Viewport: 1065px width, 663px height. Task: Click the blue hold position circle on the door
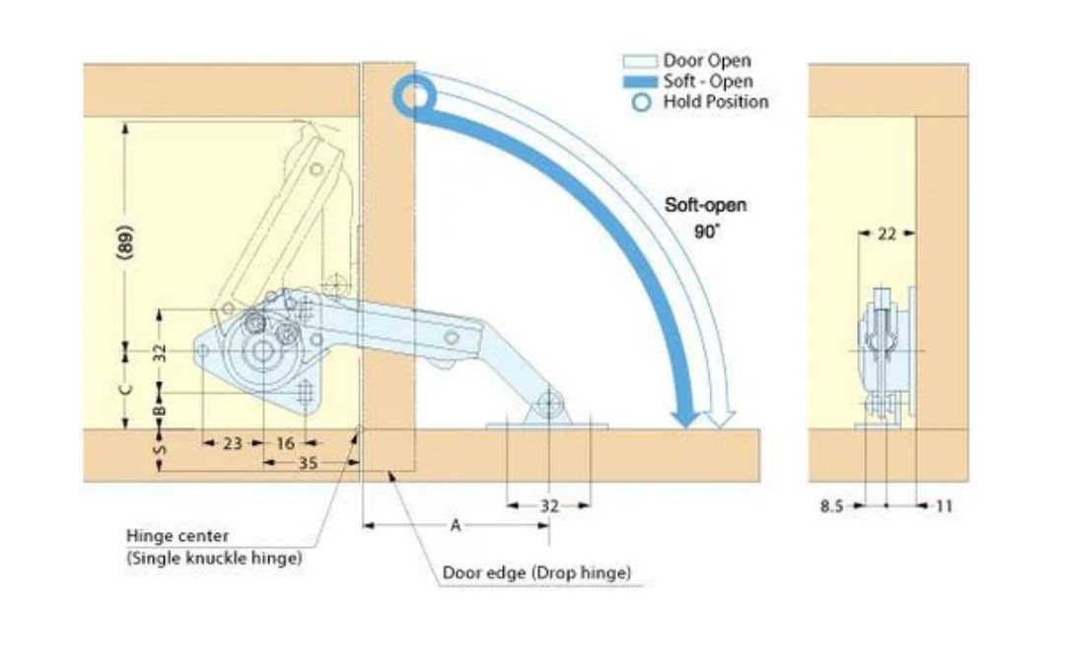414,96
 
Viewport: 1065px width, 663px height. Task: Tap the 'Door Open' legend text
706,61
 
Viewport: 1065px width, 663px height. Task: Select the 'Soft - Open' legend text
707,81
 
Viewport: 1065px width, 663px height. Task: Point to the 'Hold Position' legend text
715,101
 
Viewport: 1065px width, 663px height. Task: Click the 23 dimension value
232,443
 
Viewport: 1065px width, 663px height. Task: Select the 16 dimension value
285,443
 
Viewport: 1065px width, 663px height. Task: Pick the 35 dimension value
308,463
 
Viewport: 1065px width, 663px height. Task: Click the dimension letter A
456,526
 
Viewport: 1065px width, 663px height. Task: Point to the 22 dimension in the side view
887,234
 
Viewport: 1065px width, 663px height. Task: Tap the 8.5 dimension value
832,506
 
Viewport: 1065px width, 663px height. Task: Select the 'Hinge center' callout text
177,536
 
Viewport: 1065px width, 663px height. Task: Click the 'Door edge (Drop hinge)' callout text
536,572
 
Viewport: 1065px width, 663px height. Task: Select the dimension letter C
125,389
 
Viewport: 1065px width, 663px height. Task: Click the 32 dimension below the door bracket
550,506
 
